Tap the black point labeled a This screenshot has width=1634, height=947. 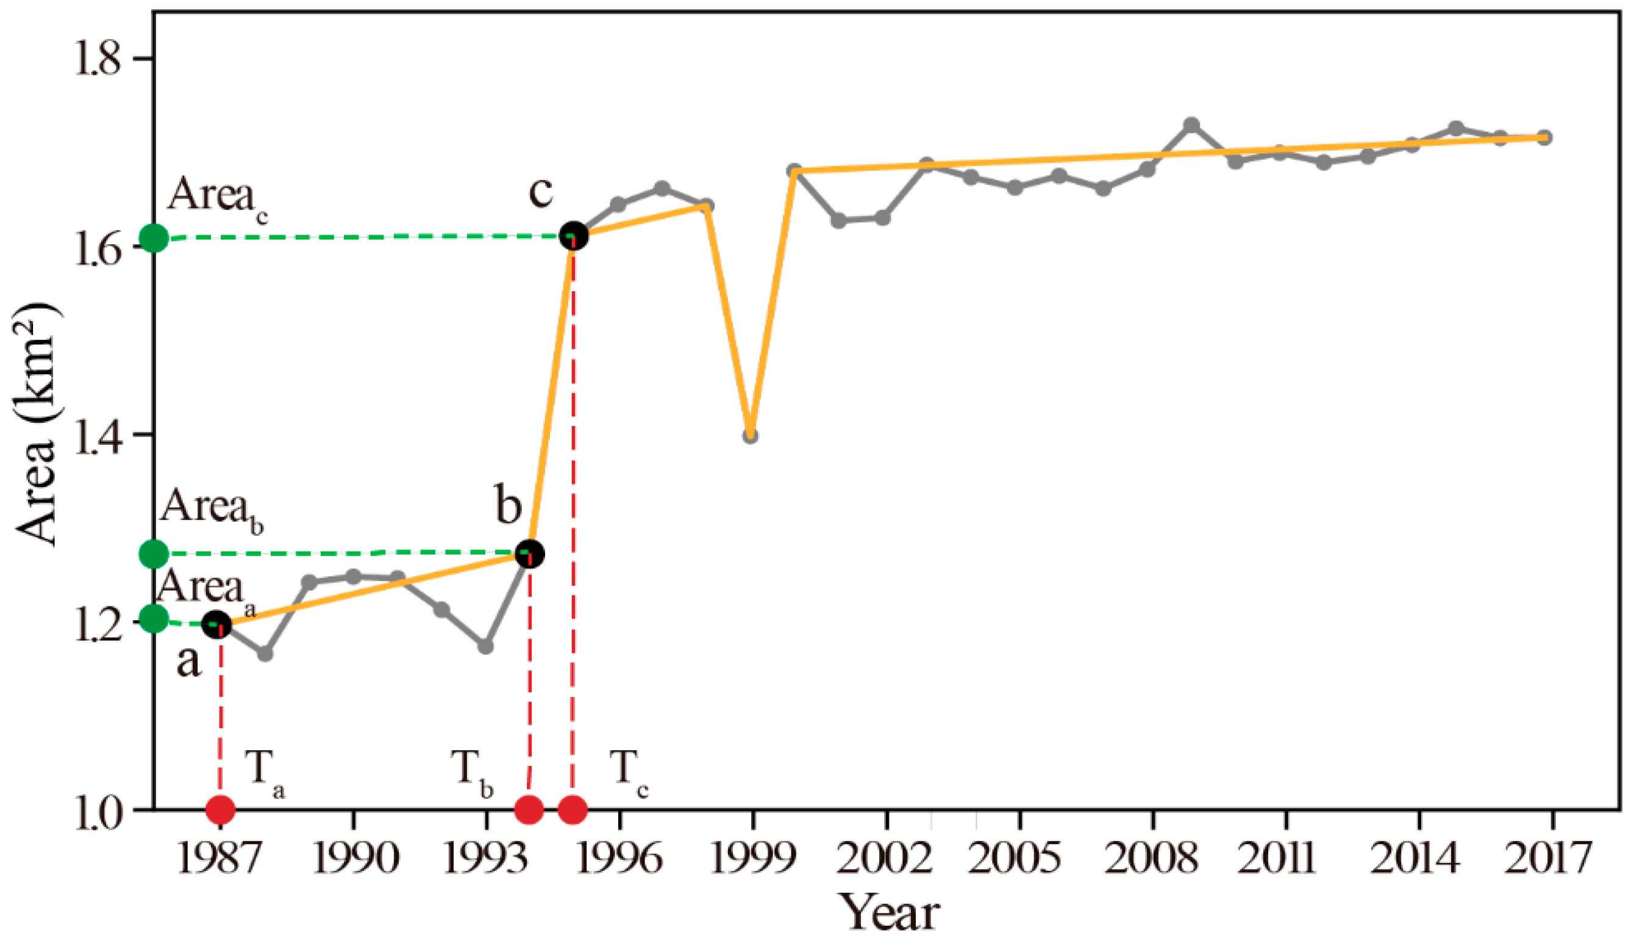click(x=216, y=625)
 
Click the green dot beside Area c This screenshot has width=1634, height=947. click(x=154, y=238)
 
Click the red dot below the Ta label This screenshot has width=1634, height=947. click(x=221, y=810)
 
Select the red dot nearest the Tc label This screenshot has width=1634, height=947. click(x=573, y=810)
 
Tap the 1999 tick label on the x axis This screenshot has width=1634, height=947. click(x=752, y=859)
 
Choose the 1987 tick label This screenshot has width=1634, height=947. click(x=219, y=859)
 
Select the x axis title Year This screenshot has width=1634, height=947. click(x=890, y=913)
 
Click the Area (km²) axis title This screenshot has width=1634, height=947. click(x=38, y=425)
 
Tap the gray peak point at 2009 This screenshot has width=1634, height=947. click(x=1191, y=125)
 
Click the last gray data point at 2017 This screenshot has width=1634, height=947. click(x=1544, y=137)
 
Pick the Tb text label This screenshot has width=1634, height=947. click(x=472, y=771)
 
